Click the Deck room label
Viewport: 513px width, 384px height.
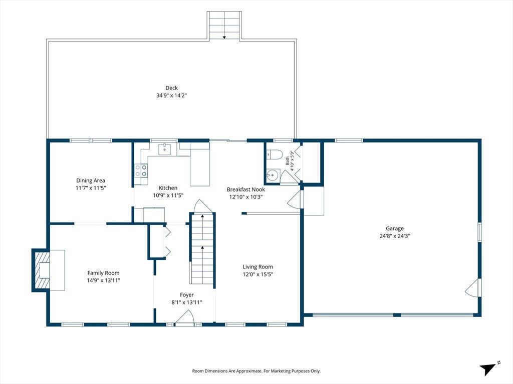[x=171, y=88]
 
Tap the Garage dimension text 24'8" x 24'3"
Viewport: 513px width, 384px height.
[x=395, y=236]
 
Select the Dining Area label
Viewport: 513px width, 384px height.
[x=91, y=180]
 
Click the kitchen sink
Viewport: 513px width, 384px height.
[x=164, y=149]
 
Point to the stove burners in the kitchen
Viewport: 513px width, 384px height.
[x=141, y=170]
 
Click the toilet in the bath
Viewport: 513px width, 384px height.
[x=274, y=154]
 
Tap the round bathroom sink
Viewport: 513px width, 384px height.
[x=273, y=175]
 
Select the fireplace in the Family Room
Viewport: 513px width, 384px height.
[x=41, y=270]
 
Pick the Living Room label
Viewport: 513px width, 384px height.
[x=258, y=267]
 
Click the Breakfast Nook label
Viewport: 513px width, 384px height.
[x=245, y=189]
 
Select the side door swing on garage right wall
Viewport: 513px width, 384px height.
[x=473, y=288]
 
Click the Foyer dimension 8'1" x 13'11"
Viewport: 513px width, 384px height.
[x=186, y=302]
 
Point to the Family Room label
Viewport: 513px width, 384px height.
[x=103, y=273]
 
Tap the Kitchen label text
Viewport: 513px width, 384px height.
[x=168, y=188]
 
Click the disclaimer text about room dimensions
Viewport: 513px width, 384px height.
[x=256, y=371]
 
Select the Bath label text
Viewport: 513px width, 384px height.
[x=287, y=160]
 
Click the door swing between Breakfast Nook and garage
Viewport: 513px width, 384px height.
[x=295, y=199]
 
